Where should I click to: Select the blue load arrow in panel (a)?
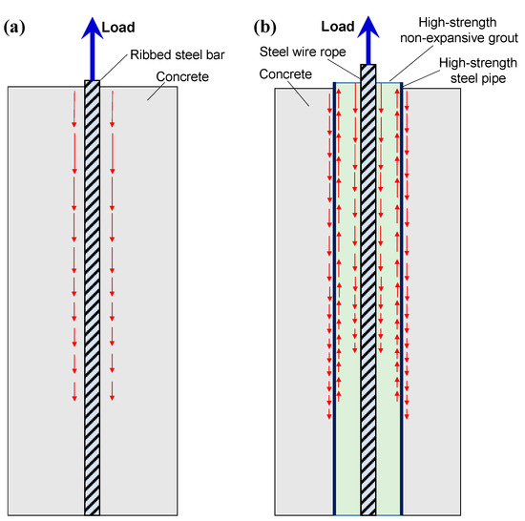[93, 43]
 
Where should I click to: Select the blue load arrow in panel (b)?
[367, 43]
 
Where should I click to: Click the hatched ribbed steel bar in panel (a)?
[93, 286]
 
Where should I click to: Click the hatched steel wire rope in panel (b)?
[367, 286]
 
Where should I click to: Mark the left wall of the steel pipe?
[334, 286]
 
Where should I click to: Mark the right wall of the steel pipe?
[402, 286]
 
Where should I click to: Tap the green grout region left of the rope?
[346, 448]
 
